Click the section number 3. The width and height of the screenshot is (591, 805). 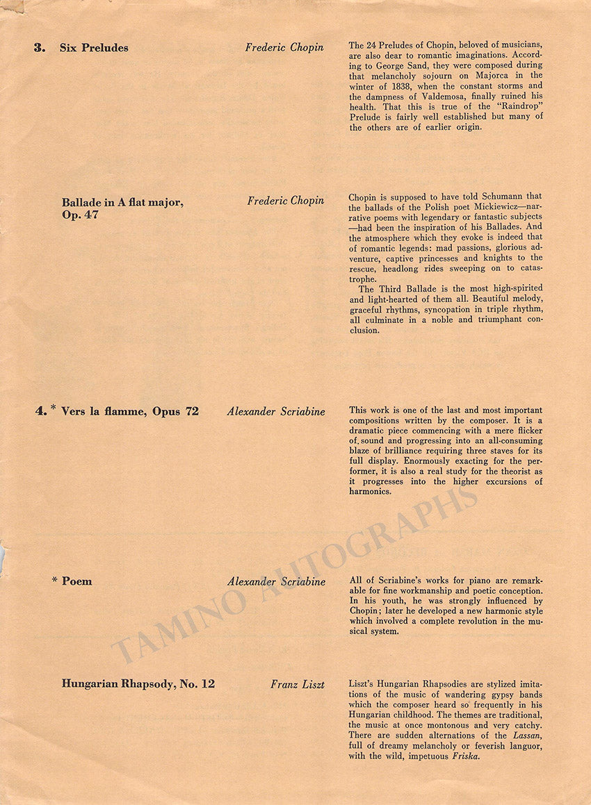point(40,48)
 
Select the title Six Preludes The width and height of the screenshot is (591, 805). point(94,48)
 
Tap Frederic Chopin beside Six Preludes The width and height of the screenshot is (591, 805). point(284,48)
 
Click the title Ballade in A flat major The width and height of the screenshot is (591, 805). point(122,202)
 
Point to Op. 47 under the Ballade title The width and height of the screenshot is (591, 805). point(80,215)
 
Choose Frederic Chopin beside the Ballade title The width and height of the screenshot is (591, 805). point(286,201)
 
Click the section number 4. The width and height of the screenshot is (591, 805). point(41,411)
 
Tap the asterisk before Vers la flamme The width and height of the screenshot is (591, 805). point(54,408)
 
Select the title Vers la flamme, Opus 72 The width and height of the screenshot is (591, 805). point(130,411)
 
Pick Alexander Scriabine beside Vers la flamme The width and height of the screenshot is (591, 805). point(276,411)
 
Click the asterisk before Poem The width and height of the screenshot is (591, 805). point(54,579)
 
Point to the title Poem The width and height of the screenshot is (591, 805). point(77,581)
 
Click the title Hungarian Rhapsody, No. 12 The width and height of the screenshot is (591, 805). point(138,684)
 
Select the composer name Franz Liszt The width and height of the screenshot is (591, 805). point(298,684)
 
